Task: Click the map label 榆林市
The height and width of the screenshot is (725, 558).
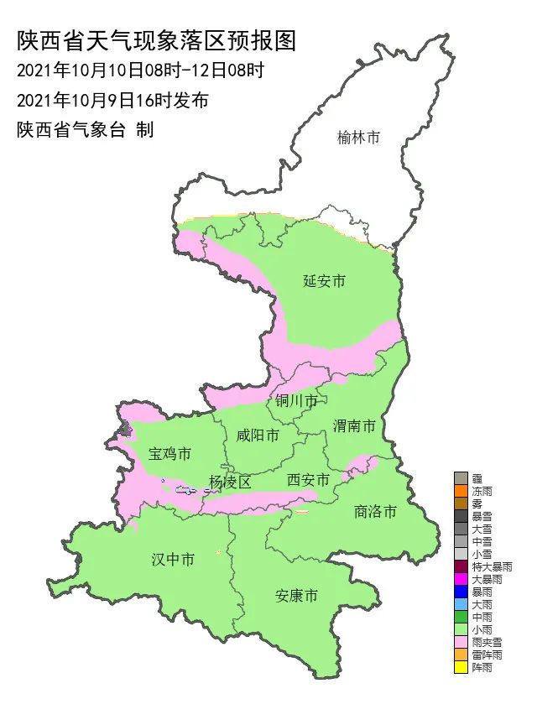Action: (x=358, y=138)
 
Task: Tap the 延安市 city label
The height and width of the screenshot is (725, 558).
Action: (x=324, y=281)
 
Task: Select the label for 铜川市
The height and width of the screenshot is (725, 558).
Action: (x=297, y=402)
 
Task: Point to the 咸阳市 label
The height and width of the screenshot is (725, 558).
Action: (x=257, y=436)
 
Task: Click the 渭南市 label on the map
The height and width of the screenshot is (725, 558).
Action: (x=354, y=426)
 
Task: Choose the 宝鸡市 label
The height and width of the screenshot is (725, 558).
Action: (x=170, y=454)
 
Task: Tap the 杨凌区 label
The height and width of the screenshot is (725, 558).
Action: (x=231, y=482)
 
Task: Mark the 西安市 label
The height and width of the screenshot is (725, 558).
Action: (x=308, y=479)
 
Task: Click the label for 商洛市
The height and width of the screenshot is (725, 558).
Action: (x=374, y=511)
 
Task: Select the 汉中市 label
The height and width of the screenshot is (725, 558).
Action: (x=173, y=560)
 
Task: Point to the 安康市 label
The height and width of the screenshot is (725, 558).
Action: (x=297, y=597)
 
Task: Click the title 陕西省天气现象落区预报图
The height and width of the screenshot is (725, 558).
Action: (x=157, y=40)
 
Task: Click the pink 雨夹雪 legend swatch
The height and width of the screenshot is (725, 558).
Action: (x=461, y=642)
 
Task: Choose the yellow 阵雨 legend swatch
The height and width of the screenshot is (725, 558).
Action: (x=461, y=668)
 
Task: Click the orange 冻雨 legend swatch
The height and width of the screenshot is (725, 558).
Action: (x=461, y=491)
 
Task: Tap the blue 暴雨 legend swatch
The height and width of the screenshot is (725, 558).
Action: (x=461, y=592)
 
